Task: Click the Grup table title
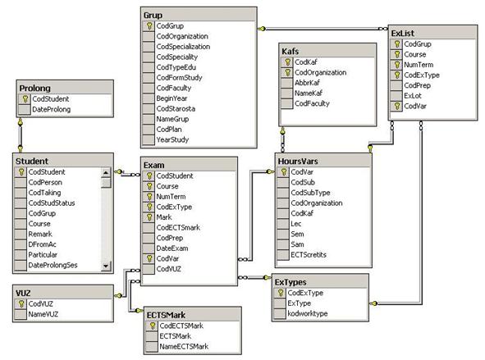click(153, 15)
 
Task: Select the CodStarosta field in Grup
click(176, 109)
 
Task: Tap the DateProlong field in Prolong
click(52, 109)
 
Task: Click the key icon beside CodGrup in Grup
click(149, 26)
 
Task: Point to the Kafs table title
click(291, 52)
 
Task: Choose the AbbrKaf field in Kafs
click(307, 83)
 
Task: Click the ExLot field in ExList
click(413, 96)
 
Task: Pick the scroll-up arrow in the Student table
click(106, 172)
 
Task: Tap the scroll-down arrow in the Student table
click(106, 265)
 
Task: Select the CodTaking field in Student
click(44, 193)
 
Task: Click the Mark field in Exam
click(164, 217)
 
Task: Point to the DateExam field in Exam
click(172, 248)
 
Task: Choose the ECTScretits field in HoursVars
click(309, 255)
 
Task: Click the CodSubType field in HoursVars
click(310, 193)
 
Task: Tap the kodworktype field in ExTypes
click(308, 313)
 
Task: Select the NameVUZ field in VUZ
click(43, 314)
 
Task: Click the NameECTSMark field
click(184, 347)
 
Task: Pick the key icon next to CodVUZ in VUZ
click(21, 304)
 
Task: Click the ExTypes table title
click(291, 282)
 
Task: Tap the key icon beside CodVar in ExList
click(397, 107)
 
